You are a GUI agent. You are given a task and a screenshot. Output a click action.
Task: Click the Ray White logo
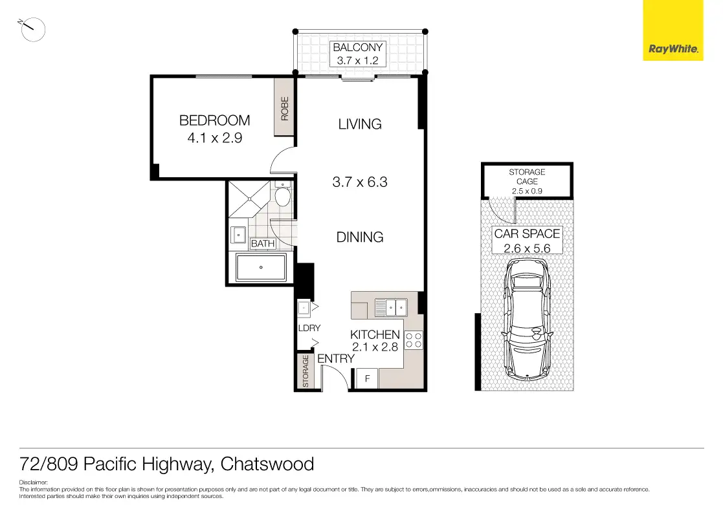(673, 30)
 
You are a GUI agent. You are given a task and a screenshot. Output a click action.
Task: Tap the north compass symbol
(32, 30)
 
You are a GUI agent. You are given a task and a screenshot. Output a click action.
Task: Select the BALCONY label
(358, 47)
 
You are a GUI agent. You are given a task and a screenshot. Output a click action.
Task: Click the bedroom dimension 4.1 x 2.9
(215, 138)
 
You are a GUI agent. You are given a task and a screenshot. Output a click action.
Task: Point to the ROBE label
(285, 109)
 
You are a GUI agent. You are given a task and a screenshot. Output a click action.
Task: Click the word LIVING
(360, 124)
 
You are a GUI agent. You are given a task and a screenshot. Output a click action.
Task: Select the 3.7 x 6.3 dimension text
(360, 182)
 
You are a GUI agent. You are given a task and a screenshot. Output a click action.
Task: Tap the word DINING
(360, 237)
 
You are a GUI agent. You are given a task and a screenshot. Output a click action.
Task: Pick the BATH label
(263, 243)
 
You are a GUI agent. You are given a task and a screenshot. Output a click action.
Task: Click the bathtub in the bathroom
(261, 267)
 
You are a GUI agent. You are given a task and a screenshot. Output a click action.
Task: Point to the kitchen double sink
(391, 307)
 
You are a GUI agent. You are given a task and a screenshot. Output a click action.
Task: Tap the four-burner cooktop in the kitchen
(414, 340)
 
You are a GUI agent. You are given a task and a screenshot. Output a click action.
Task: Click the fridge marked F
(368, 379)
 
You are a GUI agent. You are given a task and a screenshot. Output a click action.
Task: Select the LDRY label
(309, 328)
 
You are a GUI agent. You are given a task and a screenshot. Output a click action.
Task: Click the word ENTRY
(336, 358)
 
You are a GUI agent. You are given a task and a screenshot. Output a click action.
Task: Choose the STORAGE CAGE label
(527, 177)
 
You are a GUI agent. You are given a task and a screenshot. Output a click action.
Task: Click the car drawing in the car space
(527, 319)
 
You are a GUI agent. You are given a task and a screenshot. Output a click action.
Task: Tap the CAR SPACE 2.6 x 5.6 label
(527, 241)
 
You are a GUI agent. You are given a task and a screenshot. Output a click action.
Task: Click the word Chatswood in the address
(267, 464)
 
